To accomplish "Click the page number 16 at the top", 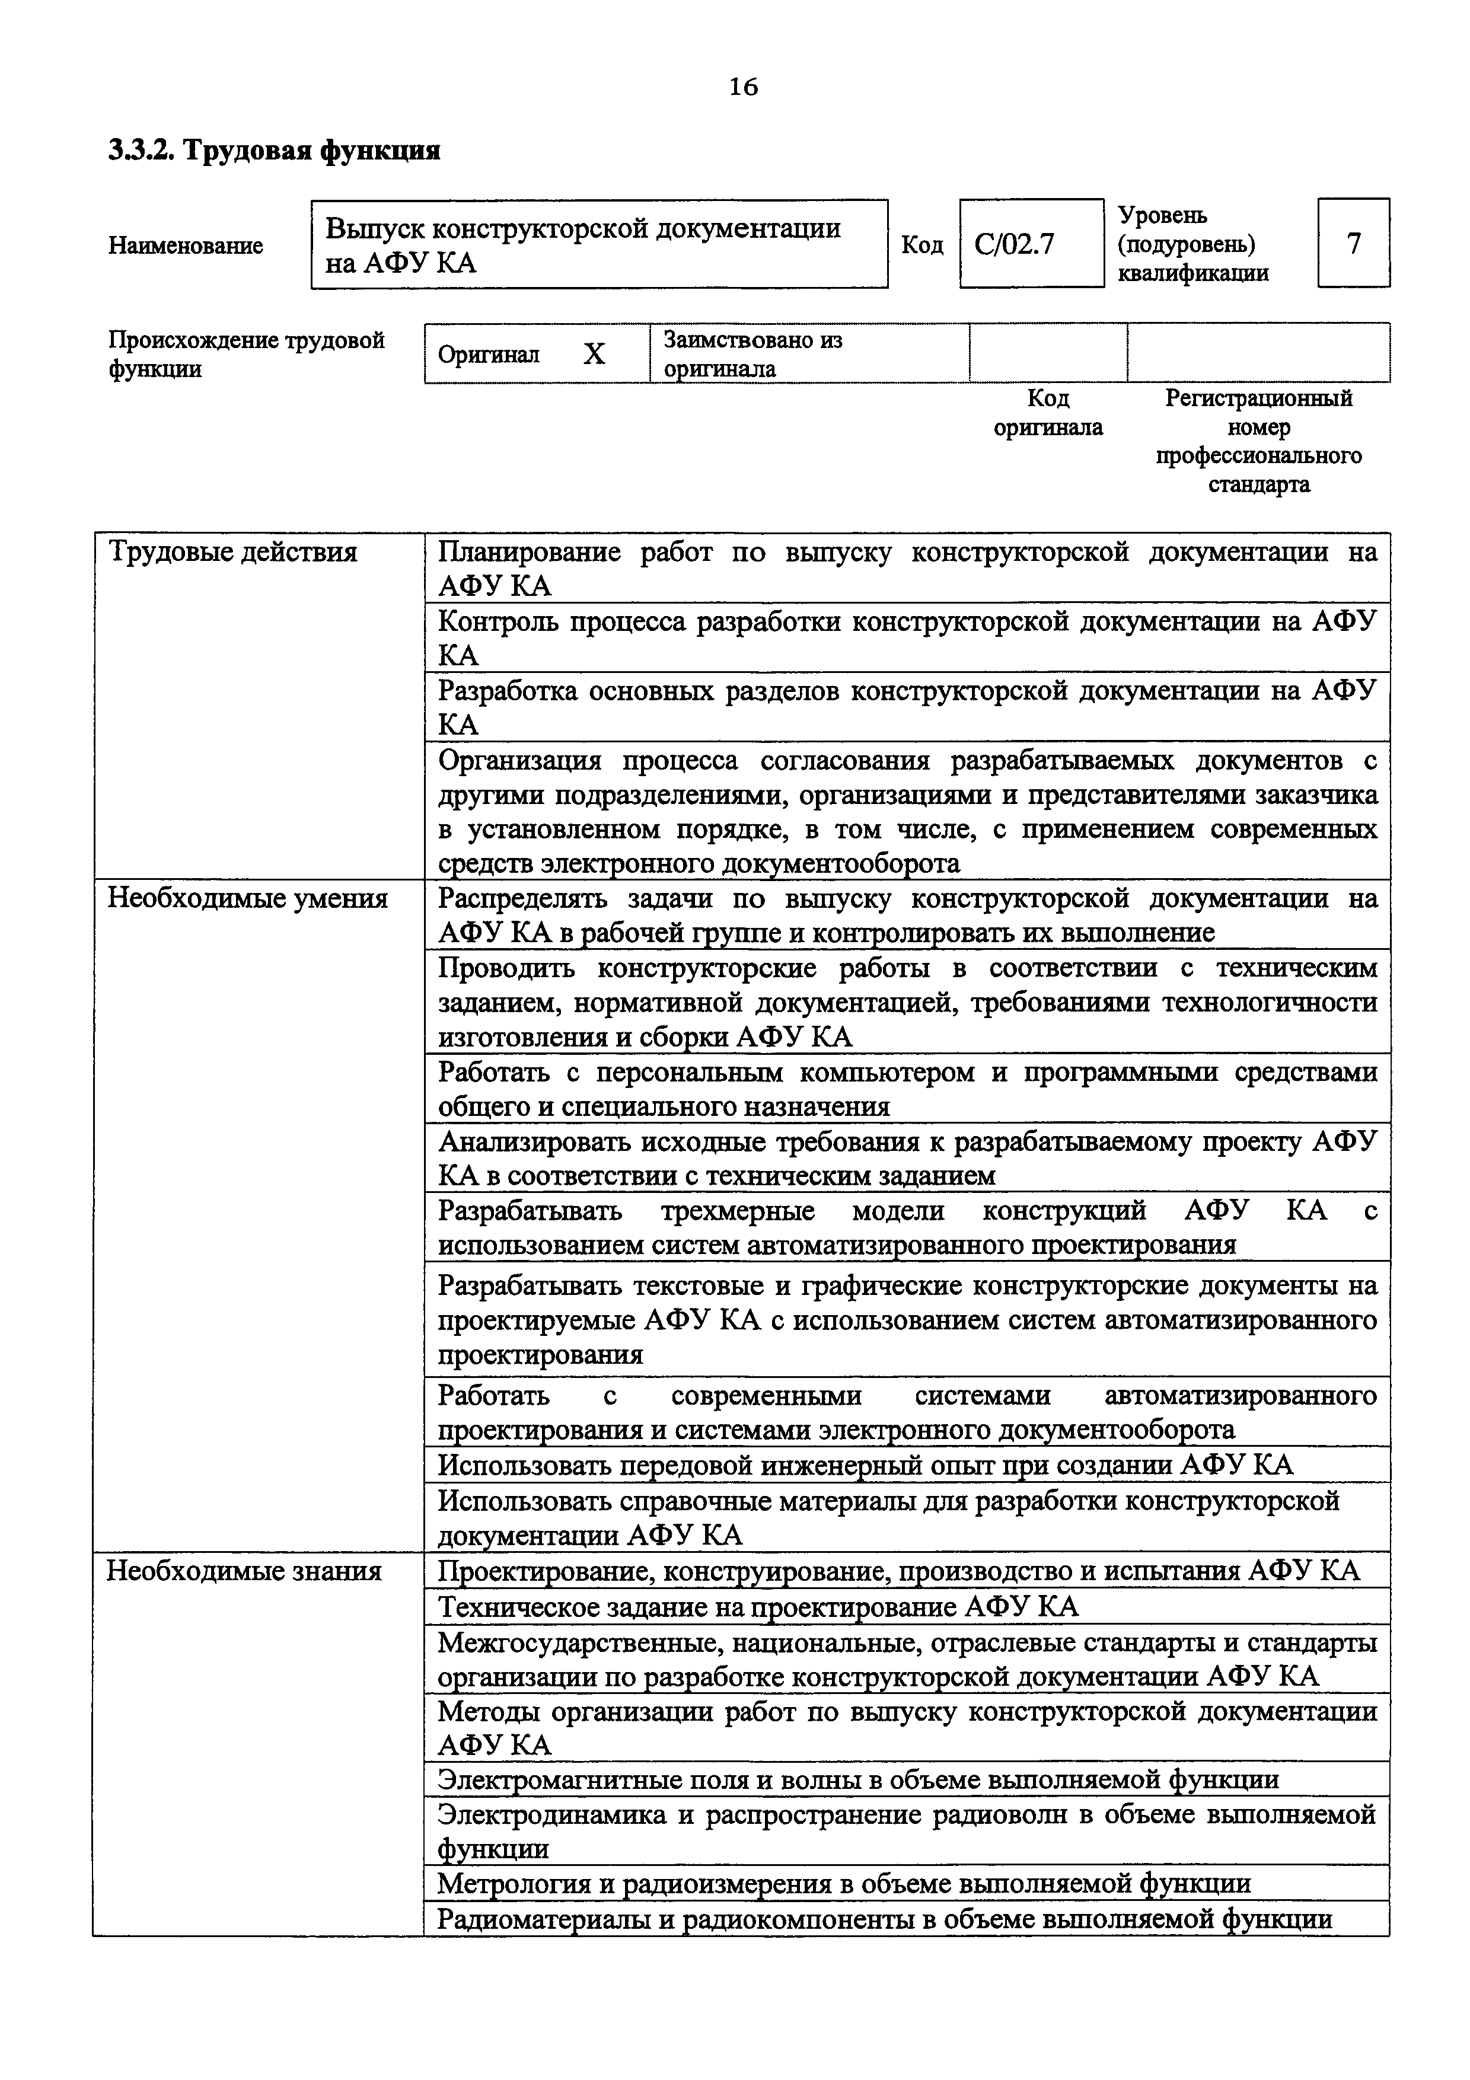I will pyautogui.click(x=742, y=87).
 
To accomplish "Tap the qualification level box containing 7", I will pyautogui.click(x=1353, y=244).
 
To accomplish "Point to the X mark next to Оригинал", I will pyautogui.click(x=594, y=354).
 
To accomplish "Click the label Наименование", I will pyautogui.click(x=186, y=245).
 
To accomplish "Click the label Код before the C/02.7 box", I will pyautogui.click(x=923, y=245).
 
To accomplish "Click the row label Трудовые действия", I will pyautogui.click(x=233, y=551).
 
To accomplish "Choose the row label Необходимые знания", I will pyautogui.click(x=244, y=1570).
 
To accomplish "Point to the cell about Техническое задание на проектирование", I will pyautogui.click(x=758, y=1606).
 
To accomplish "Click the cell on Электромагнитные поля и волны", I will pyautogui.click(x=857, y=1779).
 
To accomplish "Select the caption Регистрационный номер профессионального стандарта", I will pyautogui.click(x=1258, y=441).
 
